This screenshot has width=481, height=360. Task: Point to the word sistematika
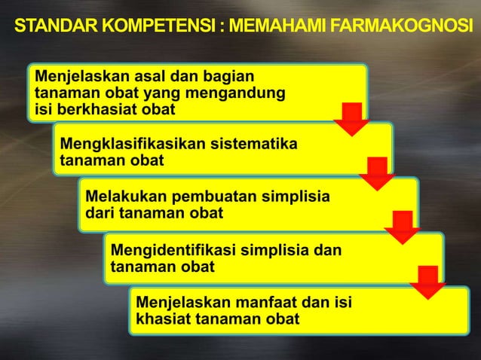(256, 144)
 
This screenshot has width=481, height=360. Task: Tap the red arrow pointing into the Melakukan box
(376, 172)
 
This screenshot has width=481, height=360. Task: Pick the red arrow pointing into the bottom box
(427, 281)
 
